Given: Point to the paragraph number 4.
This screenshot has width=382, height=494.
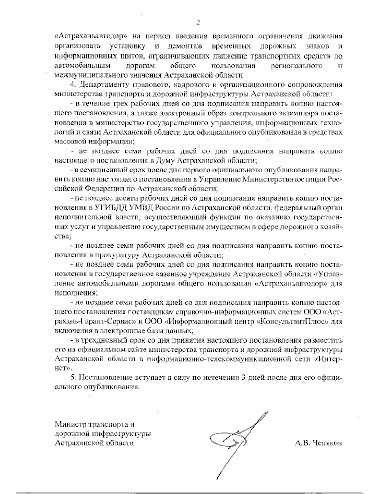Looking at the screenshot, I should click(72, 85).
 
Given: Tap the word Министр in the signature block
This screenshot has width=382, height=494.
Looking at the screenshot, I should click(70, 424).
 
